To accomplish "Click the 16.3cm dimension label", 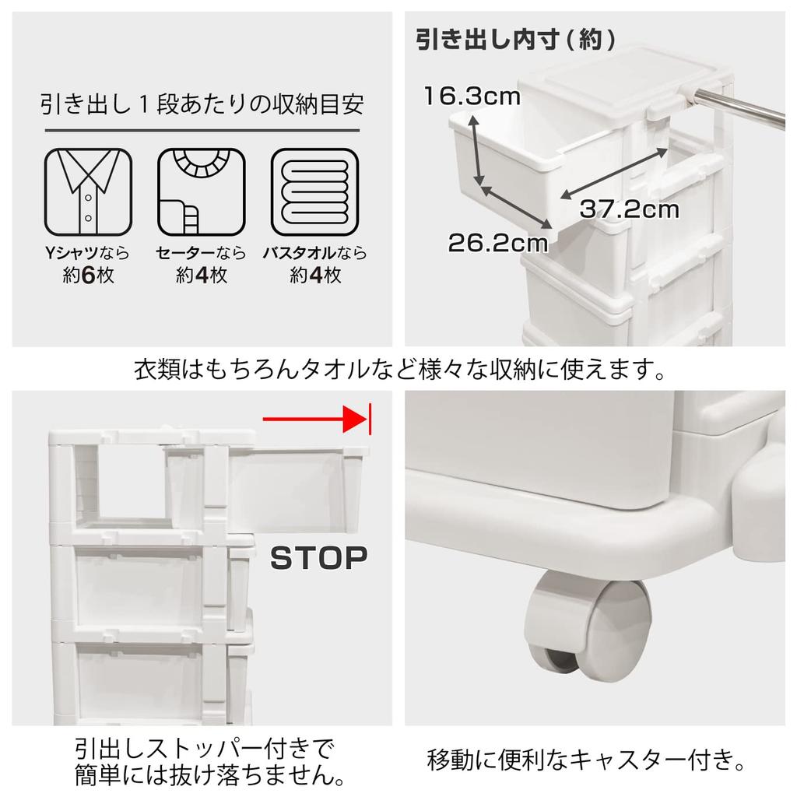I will pyautogui.click(x=471, y=97).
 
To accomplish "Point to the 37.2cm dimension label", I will pyautogui.click(x=629, y=209).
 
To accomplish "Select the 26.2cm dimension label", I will pyautogui.click(x=498, y=242).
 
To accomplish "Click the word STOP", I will pyautogui.click(x=318, y=557).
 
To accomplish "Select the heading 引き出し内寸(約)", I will pyautogui.click(x=515, y=39).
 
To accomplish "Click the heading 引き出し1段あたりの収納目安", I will pyautogui.click(x=202, y=104).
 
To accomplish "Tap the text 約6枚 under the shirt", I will pyautogui.click(x=88, y=275).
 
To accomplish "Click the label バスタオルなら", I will pyautogui.click(x=314, y=253).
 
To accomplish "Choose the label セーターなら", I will pyautogui.click(x=201, y=253).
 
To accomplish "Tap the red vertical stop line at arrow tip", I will pyautogui.click(x=370, y=420).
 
